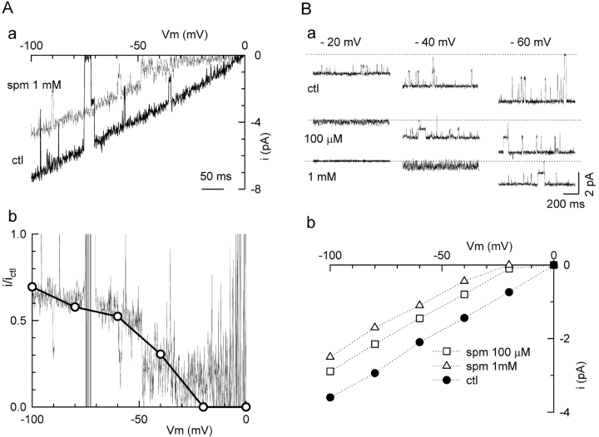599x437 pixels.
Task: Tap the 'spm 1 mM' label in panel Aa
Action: pos(30,86)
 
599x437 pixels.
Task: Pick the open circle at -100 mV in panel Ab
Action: pos(32,287)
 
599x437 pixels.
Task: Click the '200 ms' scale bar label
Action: pos(563,203)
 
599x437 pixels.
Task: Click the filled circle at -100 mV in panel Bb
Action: pos(330,398)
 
